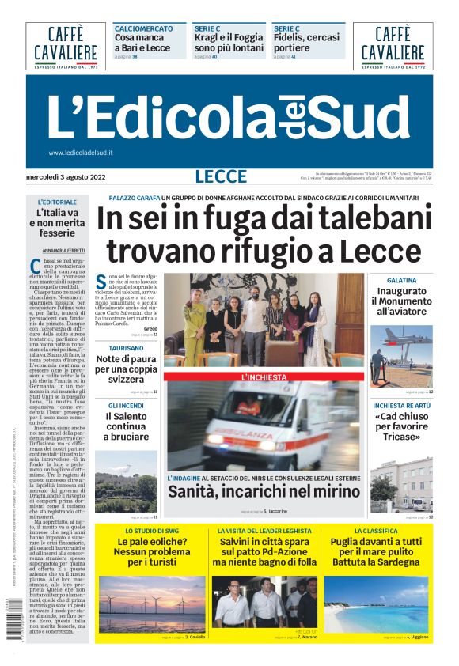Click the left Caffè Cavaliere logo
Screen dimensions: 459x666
click(x=66, y=45)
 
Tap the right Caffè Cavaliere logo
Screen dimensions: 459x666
click(x=393, y=45)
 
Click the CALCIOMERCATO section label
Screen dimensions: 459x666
click(x=143, y=28)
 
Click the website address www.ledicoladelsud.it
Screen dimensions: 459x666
click(x=81, y=153)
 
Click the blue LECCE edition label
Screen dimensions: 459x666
click(x=221, y=176)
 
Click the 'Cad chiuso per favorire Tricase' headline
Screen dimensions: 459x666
click(x=402, y=427)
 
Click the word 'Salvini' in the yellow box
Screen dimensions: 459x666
click(x=242, y=542)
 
